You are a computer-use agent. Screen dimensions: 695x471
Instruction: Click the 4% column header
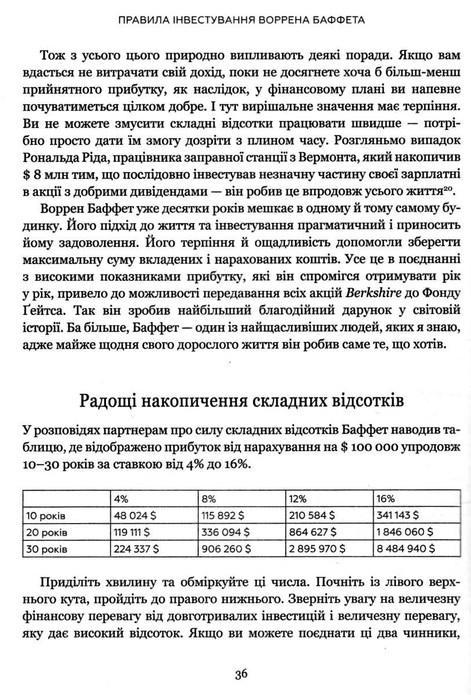[x=121, y=498]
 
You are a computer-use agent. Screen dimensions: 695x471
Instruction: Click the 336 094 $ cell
[x=225, y=531]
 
